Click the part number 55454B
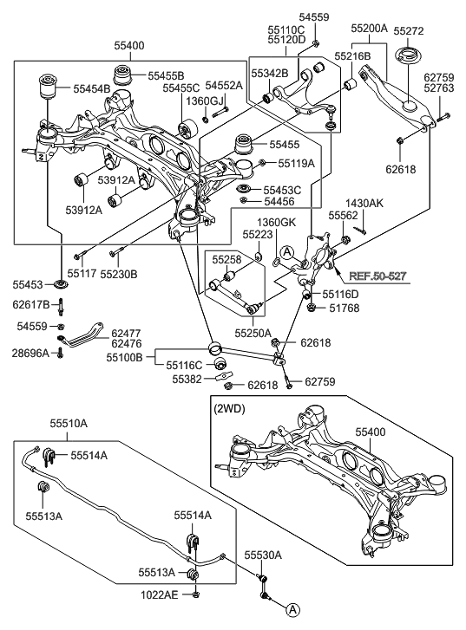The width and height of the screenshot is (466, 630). point(92,88)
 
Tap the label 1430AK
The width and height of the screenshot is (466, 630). point(364,202)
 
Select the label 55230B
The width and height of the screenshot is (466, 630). point(121,273)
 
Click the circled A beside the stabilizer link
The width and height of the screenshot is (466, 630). point(293,609)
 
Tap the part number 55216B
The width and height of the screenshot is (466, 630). point(353,55)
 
